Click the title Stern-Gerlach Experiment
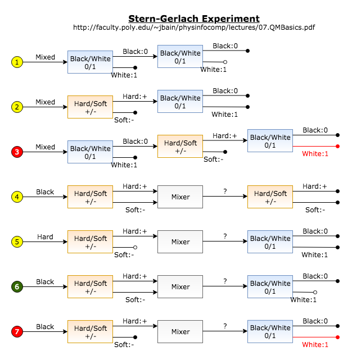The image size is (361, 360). pyautogui.click(x=193, y=19)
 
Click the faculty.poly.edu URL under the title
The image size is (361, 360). pyautogui.click(x=193, y=28)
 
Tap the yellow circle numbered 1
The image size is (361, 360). pyautogui.click(x=17, y=62)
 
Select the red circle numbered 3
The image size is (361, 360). pyautogui.click(x=17, y=152)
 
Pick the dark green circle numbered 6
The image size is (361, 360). pyautogui.click(x=17, y=286)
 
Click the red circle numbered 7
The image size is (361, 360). pyautogui.click(x=17, y=331)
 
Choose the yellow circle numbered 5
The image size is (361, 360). pyautogui.click(x=17, y=241)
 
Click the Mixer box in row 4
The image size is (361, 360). pyautogui.click(x=180, y=197)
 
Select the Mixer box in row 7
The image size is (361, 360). pyautogui.click(x=180, y=331)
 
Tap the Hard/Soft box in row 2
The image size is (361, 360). pyautogui.click(x=90, y=107)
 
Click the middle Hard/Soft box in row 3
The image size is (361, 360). pyautogui.click(x=180, y=147)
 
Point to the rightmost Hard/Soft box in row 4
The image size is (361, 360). pyautogui.click(x=270, y=197)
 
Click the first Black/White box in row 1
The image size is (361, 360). pyautogui.click(x=90, y=62)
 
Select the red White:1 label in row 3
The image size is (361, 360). pyautogui.click(x=314, y=154)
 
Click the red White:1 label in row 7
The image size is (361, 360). pyautogui.click(x=314, y=344)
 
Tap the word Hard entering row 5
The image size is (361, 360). pyautogui.click(x=45, y=237)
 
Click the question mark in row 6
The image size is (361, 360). pyautogui.click(x=225, y=281)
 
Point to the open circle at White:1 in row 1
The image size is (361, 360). pyautogui.click(x=225, y=62)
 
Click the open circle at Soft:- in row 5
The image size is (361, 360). pyautogui.click(x=135, y=247)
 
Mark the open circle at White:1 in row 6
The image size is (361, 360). pyautogui.click(x=315, y=292)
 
